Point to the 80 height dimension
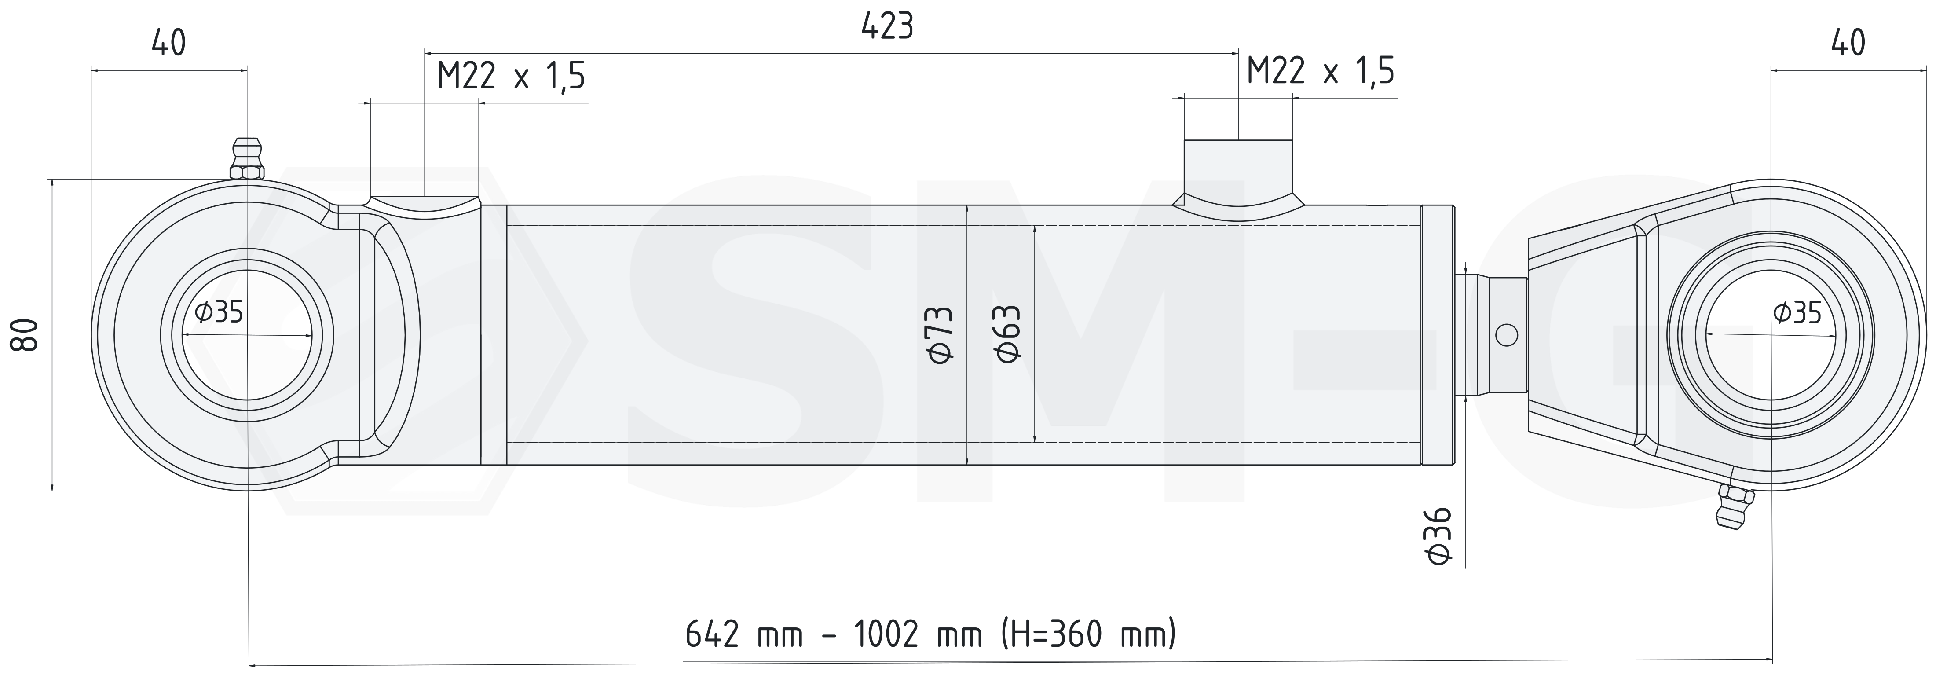[x=24, y=335]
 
